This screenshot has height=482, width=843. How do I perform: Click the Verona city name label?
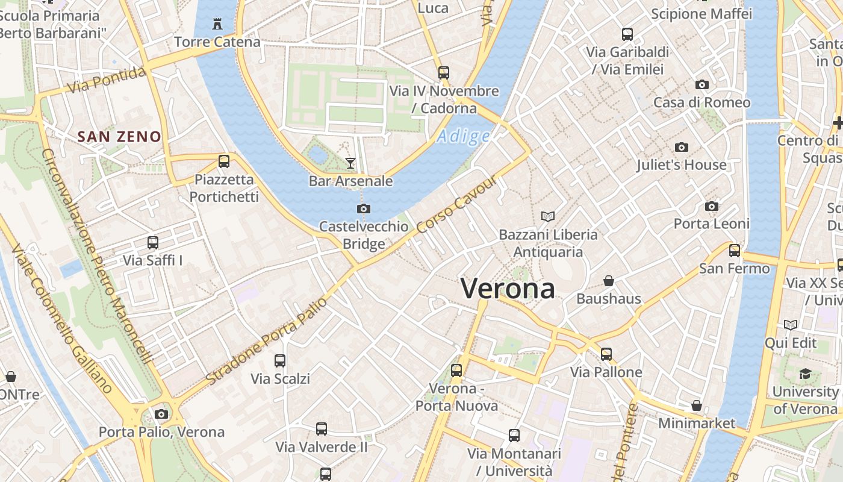coord(508,289)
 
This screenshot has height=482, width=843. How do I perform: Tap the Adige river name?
coord(463,137)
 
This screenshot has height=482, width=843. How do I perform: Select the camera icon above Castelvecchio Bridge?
coord(363,209)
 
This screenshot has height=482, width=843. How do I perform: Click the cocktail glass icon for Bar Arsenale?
coord(350,163)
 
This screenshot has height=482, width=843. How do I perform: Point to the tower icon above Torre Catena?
coord(217,24)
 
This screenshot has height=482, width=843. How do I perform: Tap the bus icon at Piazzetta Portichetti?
coord(224,161)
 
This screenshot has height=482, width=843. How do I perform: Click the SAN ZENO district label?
coord(120,137)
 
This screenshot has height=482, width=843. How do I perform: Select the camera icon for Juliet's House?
coord(681,147)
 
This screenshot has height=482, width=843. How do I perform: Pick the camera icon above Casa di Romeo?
coord(701,84)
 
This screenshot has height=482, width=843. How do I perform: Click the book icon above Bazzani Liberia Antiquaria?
coord(548,216)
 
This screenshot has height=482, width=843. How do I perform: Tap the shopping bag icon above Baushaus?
coord(609,281)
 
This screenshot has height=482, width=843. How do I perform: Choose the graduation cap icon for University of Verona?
coord(805,374)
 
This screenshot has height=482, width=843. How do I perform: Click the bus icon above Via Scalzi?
coord(280,361)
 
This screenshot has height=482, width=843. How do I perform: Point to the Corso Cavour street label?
coord(458,205)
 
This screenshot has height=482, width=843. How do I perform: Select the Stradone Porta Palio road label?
coord(267,341)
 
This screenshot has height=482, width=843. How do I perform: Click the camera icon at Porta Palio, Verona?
coord(161,414)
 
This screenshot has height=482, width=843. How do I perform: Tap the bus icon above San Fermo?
coord(734,250)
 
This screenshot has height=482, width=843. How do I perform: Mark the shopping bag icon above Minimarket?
coord(697,405)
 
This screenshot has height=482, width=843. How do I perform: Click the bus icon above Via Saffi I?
coord(153,243)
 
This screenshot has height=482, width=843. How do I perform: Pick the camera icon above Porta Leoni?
coord(711,206)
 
